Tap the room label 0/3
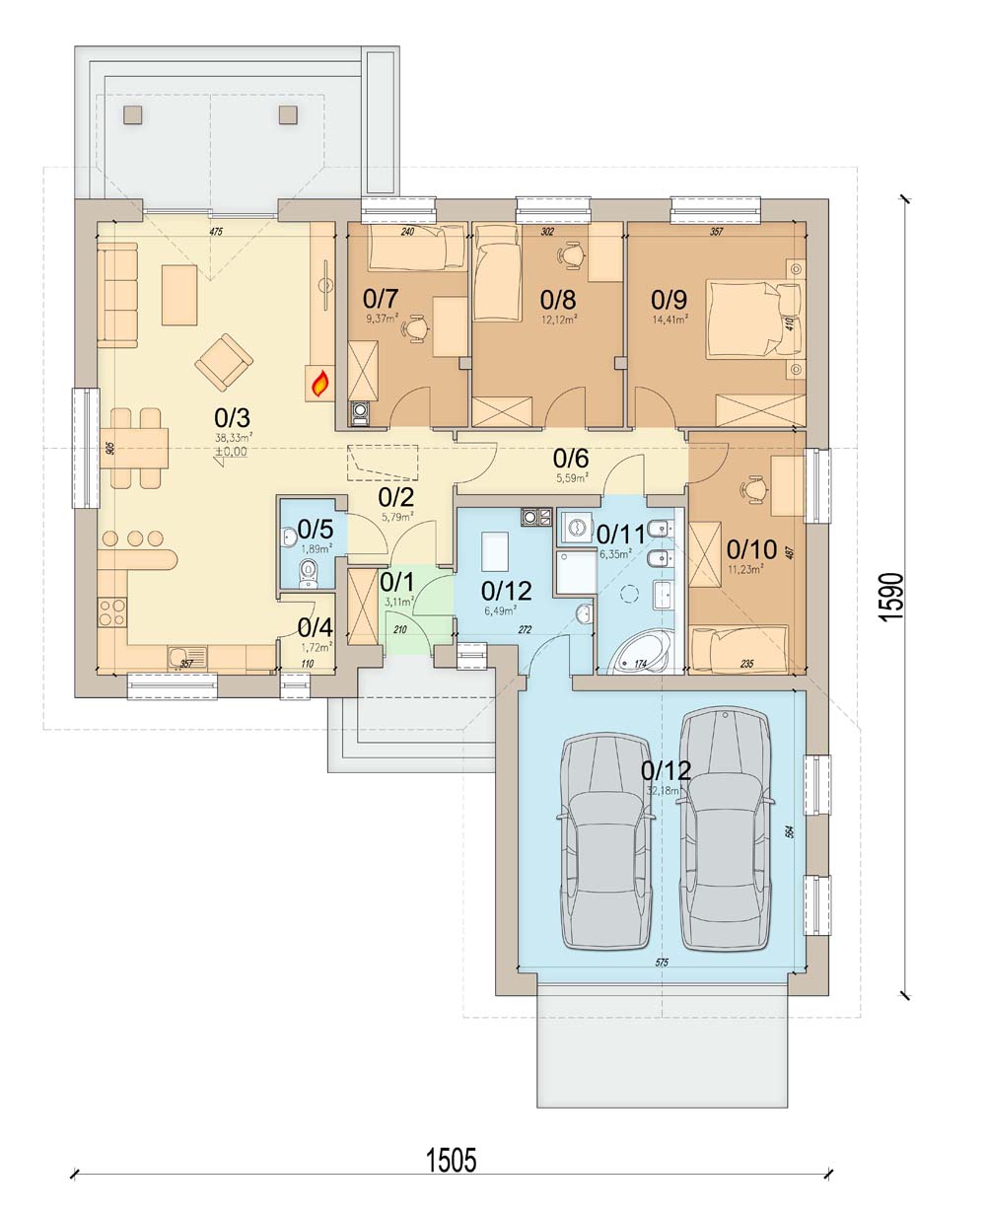coord(232,419)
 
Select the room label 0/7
coord(381,297)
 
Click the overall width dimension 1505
coord(451,1160)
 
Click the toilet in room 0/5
coord(310,570)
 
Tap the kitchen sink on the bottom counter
coord(186,655)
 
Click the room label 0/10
coord(751,548)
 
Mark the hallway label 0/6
coord(571,458)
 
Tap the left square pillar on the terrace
coord(133,113)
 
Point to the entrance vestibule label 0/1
coord(396,582)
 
